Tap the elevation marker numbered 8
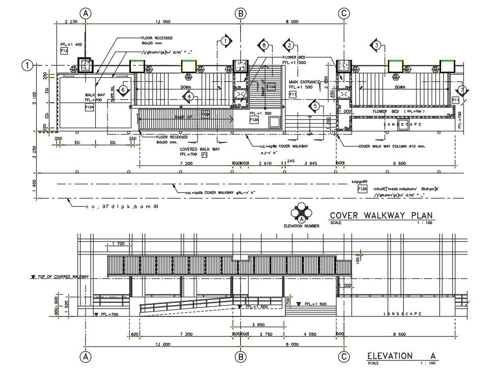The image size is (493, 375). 264,45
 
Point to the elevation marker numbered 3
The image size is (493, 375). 376,45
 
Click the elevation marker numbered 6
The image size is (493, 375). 123,90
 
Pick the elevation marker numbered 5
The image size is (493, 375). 315,106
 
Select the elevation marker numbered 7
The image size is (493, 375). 461,90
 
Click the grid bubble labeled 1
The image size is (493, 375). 28,65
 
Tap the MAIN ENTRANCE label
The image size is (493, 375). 304,81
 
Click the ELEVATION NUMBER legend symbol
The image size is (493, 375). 302,213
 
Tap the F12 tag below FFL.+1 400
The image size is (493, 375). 64,51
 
